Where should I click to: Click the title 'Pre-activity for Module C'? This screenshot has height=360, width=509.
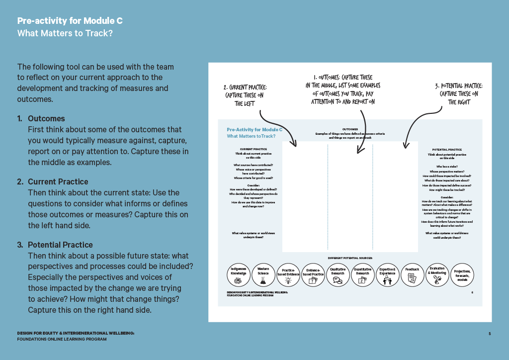pos(70,21)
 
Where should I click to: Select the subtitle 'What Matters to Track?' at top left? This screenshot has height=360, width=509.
pos(65,33)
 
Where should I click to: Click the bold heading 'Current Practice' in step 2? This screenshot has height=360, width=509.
pos(58,182)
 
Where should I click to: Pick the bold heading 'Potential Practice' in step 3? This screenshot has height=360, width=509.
pos(60,245)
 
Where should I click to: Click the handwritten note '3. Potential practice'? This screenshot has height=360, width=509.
pos(459,94)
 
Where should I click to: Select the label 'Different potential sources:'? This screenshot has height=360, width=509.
pos(350,259)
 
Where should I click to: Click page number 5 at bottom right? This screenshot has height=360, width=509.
pos(490,334)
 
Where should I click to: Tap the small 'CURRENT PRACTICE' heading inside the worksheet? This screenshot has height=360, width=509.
pos(253,149)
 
